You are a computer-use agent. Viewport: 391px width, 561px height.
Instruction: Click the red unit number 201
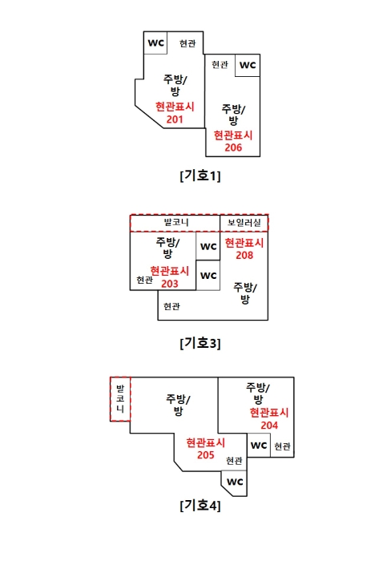175,119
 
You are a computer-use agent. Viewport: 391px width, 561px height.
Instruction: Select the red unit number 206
233,147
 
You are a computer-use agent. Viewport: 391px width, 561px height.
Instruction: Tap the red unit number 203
170,284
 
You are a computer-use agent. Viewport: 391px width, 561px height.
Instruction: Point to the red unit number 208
244,256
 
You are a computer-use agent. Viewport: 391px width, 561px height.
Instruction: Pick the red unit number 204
269,426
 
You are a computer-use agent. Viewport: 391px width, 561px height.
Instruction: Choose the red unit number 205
206,455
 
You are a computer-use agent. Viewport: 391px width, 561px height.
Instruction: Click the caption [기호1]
200,176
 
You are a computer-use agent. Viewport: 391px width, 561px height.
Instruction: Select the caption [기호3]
200,343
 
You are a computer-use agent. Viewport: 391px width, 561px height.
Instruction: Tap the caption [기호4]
200,505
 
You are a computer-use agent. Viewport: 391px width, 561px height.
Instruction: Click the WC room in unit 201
155,43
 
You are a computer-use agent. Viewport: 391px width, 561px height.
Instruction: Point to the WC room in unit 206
248,66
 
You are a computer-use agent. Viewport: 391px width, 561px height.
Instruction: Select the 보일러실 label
244,223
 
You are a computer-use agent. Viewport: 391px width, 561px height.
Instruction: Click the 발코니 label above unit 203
176,223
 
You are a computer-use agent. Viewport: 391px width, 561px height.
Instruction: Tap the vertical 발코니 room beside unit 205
120,399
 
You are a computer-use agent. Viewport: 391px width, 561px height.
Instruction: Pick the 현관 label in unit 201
187,43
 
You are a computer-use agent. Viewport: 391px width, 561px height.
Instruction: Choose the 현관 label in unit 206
220,64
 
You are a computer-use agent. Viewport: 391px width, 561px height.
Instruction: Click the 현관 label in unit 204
282,446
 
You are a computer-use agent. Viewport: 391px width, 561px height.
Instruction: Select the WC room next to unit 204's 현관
259,446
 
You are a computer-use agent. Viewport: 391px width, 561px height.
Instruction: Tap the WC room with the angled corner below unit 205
235,483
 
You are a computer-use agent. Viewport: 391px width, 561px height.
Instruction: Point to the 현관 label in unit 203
144,280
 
